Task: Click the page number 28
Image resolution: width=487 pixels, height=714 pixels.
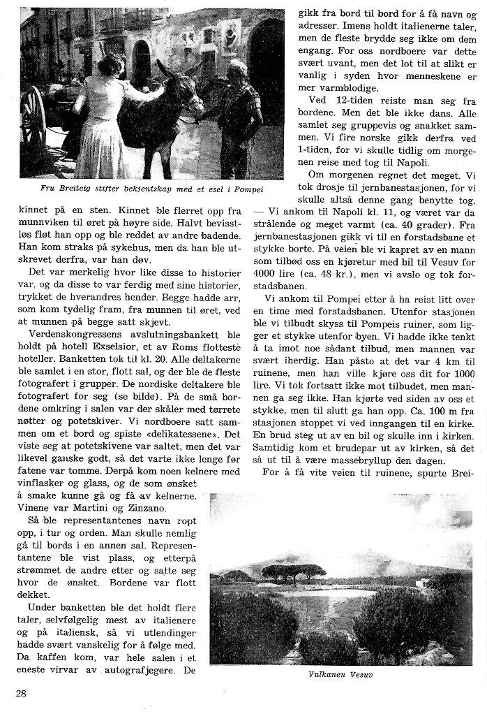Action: (x=21, y=693)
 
